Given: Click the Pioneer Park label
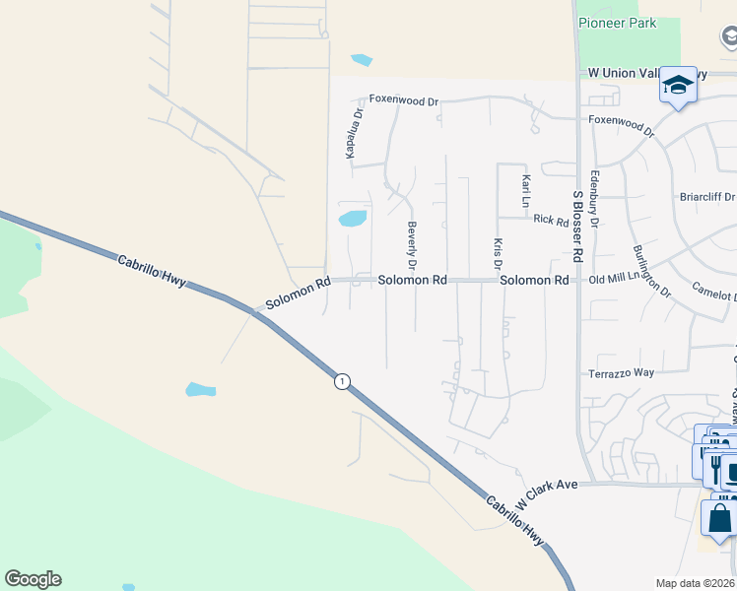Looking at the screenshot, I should point(617,23).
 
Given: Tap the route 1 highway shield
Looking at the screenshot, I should point(341,381).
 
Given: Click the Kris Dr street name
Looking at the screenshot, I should point(498,253).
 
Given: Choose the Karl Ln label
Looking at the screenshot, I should point(526,191).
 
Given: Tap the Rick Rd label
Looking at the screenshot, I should point(552,219).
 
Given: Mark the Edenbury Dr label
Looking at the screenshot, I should point(593,199).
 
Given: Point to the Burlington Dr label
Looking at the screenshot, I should point(651,271).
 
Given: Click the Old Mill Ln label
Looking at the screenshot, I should point(614,281).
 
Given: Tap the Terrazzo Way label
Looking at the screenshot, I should point(621,373).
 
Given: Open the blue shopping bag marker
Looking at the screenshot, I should point(719,517).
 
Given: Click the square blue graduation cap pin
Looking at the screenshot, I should point(678,86).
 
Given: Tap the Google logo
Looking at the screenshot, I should point(33,579).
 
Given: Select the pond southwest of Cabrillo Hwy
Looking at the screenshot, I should point(200,389).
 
